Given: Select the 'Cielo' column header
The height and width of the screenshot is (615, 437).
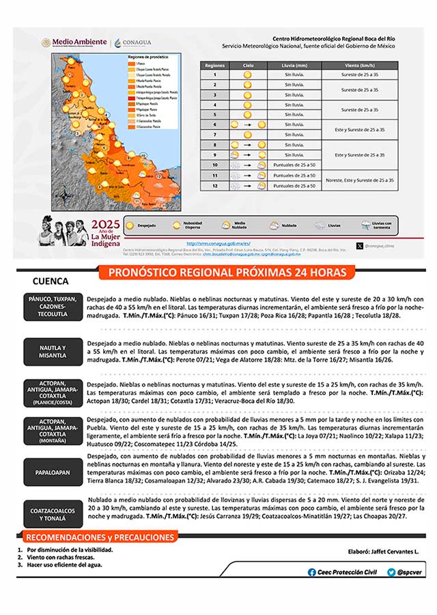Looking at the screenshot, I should (x=247, y=65).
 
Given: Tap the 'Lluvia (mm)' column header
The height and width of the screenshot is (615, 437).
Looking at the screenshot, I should (x=294, y=65).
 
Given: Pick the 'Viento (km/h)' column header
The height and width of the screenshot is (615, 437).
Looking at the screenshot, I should (x=360, y=65).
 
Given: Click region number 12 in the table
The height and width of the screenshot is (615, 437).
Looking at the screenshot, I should (x=214, y=186).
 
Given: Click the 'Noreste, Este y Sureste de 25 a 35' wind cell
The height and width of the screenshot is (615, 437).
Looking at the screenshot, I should (x=360, y=180).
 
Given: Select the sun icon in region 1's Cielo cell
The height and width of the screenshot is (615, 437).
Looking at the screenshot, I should (x=247, y=74).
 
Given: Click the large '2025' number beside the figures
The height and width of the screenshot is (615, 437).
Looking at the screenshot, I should (x=106, y=224).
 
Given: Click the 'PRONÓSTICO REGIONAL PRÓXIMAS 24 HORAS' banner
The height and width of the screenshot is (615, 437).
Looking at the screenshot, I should (x=227, y=273).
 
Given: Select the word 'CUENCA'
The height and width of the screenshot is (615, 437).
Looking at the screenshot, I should (x=50, y=281).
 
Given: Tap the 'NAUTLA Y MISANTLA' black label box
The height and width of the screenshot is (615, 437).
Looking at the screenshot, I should (x=53, y=352).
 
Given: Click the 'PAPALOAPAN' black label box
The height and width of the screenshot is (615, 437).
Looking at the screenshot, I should (x=53, y=471).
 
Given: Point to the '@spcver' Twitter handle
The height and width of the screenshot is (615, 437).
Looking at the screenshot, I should (x=406, y=573).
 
